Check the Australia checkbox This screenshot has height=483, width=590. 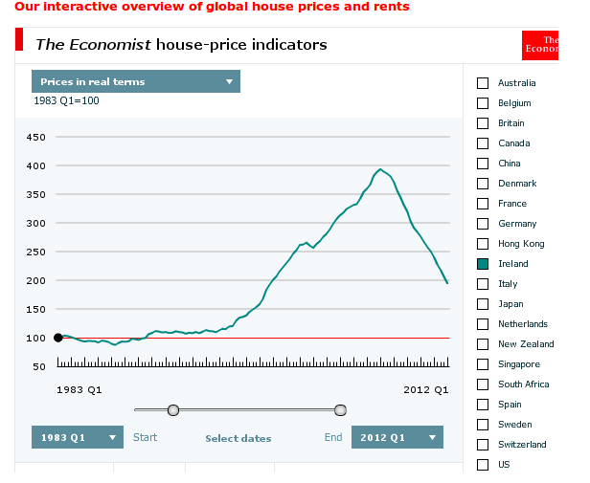(483, 83)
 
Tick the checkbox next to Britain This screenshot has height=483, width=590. (483, 123)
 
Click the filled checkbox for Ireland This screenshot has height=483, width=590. (483, 264)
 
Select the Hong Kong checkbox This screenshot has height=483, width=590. (483, 244)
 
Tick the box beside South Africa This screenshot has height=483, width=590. (483, 384)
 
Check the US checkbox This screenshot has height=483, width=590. (483, 465)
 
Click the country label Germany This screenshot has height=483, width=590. (517, 224)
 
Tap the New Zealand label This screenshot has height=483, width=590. (526, 344)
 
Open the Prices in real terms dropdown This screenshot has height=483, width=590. (135, 81)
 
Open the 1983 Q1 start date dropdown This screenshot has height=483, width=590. (78, 437)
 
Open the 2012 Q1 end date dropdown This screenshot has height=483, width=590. (397, 437)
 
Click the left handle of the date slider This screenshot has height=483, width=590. (173, 410)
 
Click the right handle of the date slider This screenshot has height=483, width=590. (340, 410)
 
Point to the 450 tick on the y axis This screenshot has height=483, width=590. (35, 138)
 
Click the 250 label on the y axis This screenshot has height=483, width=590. (35, 252)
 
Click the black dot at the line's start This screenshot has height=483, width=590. (58, 338)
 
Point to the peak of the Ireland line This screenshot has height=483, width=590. (381, 169)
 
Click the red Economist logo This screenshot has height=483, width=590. (539, 45)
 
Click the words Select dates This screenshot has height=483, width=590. (238, 439)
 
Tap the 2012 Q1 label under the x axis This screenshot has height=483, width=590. (425, 389)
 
